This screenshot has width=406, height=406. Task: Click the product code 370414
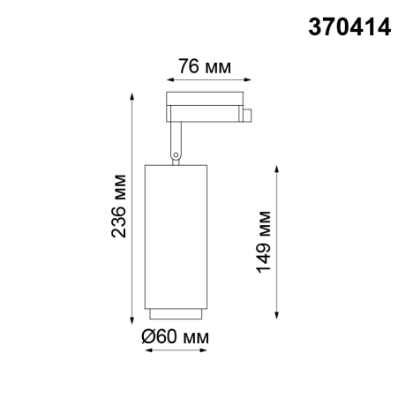pyautogui.click(x=349, y=26)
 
